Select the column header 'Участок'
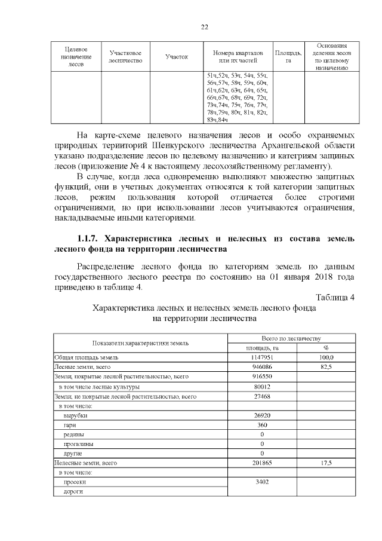click(177, 57)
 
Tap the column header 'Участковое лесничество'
click(126, 57)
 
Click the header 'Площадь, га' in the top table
click(288, 57)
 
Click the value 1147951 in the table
click(262, 357)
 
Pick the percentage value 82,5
click(326, 366)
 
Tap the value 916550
click(262, 377)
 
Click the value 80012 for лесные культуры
click(262, 386)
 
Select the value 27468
click(262, 396)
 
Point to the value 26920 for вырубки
click(262, 415)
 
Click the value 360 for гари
click(262, 424)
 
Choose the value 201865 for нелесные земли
click(262, 463)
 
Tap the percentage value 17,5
click(326, 463)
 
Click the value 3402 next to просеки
click(262, 482)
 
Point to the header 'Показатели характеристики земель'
click(140, 343)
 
